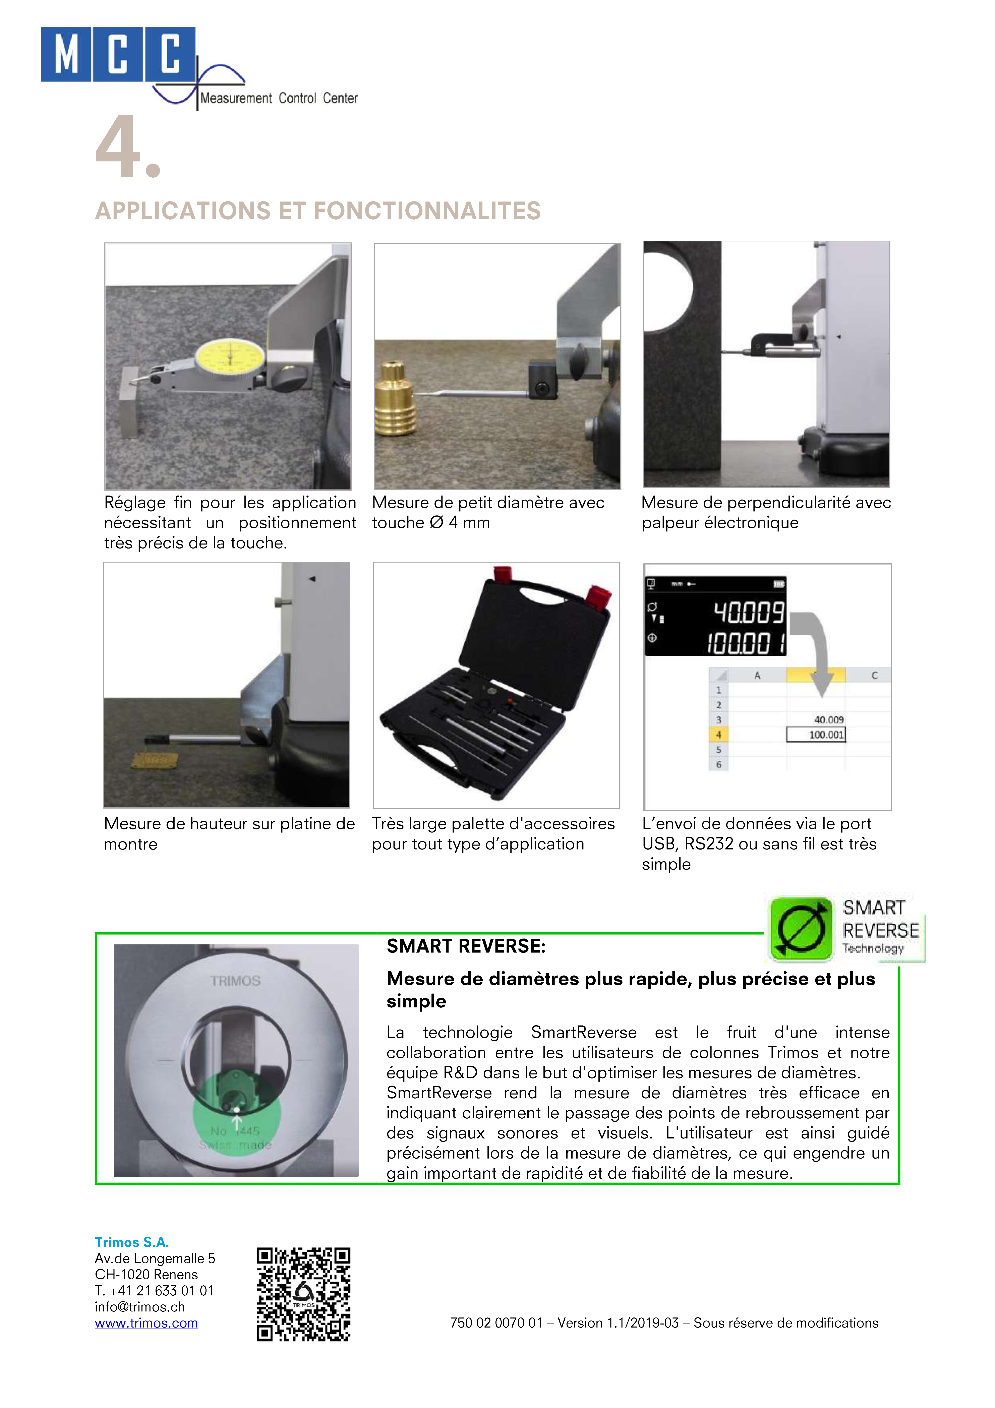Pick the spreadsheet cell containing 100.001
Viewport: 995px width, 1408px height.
point(816,734)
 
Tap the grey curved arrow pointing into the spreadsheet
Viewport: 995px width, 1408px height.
point(815,650)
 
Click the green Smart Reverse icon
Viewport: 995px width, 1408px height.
point(800,928)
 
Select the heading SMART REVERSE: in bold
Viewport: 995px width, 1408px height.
point(466,946)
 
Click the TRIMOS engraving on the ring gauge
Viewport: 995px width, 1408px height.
point(235,981)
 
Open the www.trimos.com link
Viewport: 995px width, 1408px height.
point(146,1323)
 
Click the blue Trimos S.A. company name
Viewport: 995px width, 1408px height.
point(132,1242)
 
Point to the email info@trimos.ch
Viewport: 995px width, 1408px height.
point(140,1307)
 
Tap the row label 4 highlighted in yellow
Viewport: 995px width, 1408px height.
point(718,734)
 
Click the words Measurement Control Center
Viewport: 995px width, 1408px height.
point(279,98)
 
